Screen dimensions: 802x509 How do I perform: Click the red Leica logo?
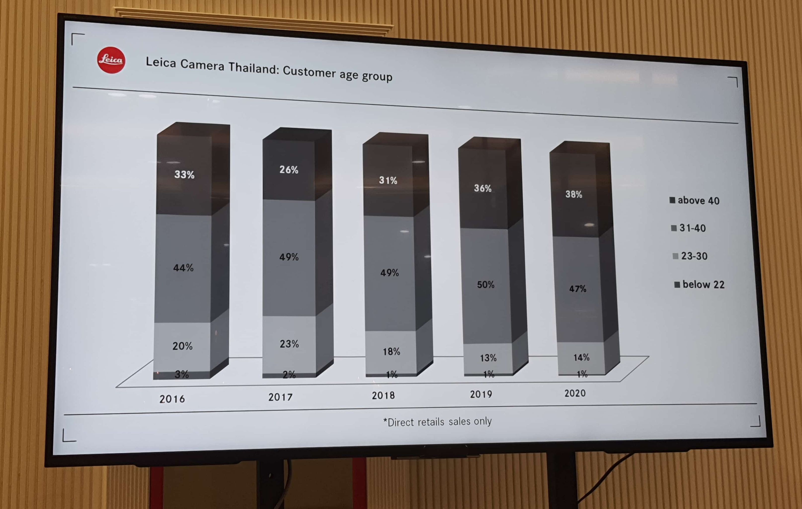tap(111, 60)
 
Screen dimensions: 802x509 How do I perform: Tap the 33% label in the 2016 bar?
tap(184, 174)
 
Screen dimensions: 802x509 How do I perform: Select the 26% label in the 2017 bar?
tap(289, 170)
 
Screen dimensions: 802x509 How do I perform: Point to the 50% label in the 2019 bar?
tap(485, 285)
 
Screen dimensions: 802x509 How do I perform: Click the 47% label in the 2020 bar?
tap(577, 289)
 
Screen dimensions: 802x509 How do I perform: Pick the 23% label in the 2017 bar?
tap(289, 344)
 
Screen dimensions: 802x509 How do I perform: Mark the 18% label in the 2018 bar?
tap(391, 351)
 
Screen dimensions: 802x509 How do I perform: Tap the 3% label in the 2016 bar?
tap(182, 374)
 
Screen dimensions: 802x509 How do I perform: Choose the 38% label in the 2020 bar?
tap(573, 194)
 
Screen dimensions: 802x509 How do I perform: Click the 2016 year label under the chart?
tap(172, 399)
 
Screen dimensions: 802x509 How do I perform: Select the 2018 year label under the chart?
tap(383, 395)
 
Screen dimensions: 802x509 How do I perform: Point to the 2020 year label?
tap(575, 393)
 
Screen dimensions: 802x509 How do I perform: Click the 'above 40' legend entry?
tap(694, 200)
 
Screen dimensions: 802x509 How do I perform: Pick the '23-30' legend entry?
tap(690, 256)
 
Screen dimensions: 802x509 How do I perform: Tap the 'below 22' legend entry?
tap(699, 285)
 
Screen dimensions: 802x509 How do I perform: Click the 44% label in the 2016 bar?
tap(183, 267)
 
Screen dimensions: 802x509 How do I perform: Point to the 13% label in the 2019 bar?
tap(488, 358)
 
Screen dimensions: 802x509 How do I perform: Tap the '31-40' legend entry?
tap(688, 228)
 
